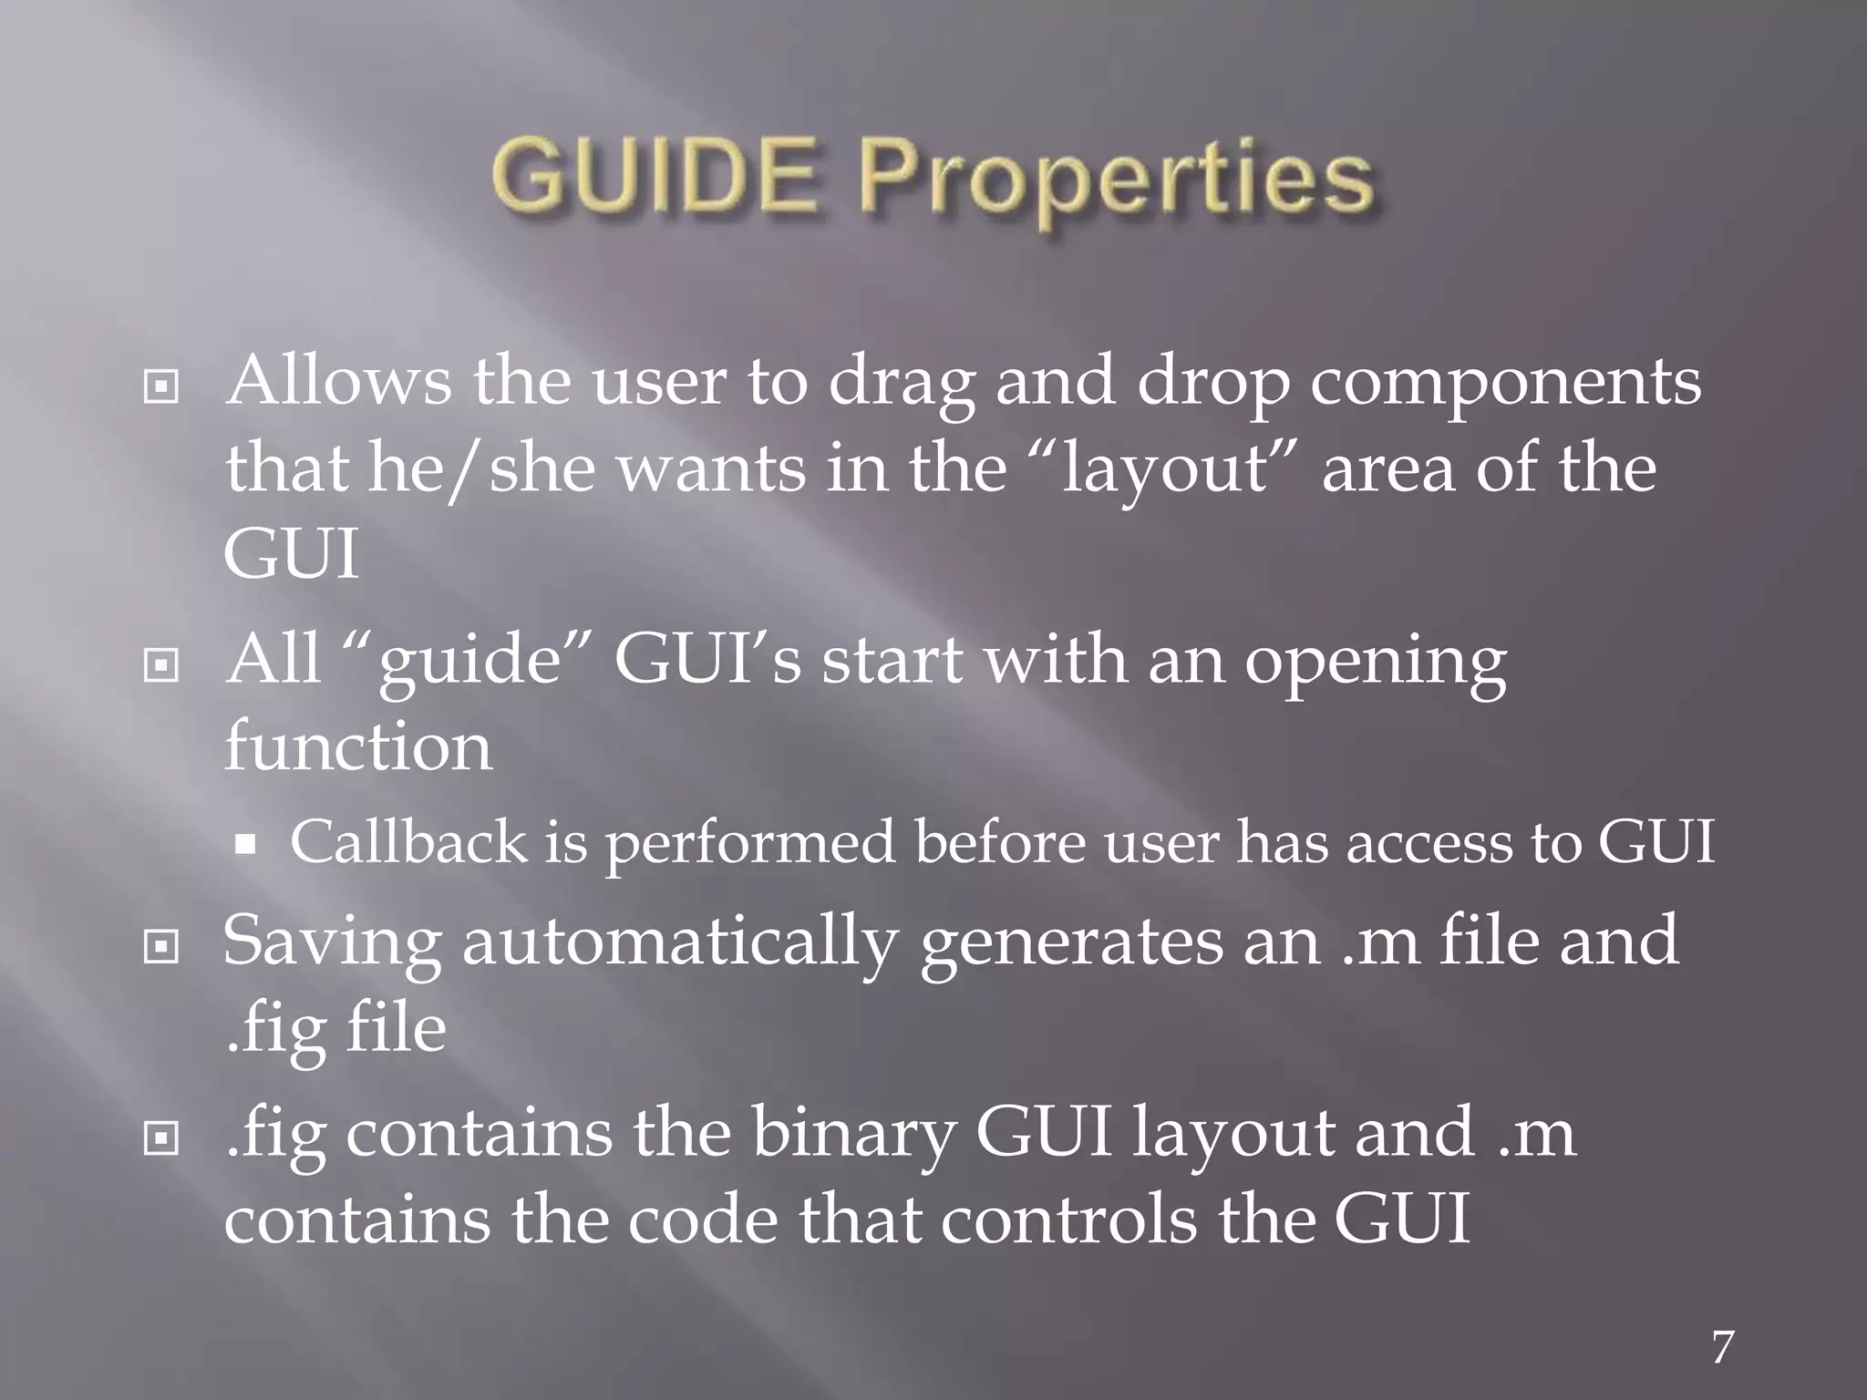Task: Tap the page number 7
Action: (1722, 1347)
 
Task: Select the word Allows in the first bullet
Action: (338, 381)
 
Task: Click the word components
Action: (1505, 383)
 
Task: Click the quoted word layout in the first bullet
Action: (1165, 470)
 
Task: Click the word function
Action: (358, 746)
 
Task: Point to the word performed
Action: (749, 843)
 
